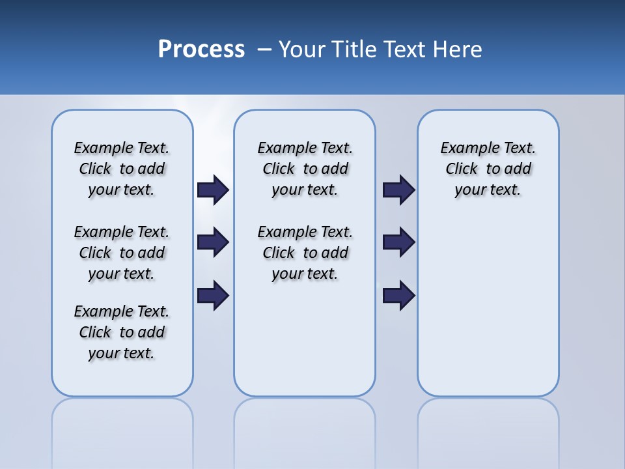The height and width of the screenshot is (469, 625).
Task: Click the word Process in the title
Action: click(x=201, y=50)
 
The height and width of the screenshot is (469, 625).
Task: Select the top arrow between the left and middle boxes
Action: click(x=213, y=190)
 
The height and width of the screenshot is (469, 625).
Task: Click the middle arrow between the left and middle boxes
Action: click(x=213, y=242)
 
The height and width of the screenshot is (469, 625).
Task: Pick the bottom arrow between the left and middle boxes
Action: click(x=213, y=295)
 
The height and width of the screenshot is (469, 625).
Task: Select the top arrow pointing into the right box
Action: click(x=399, y=190)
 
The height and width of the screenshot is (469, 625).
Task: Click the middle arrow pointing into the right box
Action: click(x=399, y=242)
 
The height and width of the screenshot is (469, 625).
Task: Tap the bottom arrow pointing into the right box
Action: click(x=399, y=295)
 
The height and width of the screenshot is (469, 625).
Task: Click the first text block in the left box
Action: click(x=122, y=169)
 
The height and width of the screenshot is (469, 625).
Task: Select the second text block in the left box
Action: click(x=122, y=253)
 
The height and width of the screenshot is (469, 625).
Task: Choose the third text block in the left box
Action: click(x=122, y=332)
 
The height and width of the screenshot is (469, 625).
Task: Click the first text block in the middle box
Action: click(x=305, y=169)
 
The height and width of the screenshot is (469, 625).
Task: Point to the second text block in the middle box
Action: click(x=305, y=253)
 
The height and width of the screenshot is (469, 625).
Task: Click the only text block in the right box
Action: click(x=488, y=169)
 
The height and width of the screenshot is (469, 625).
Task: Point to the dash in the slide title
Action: click(x=264, y=50)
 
